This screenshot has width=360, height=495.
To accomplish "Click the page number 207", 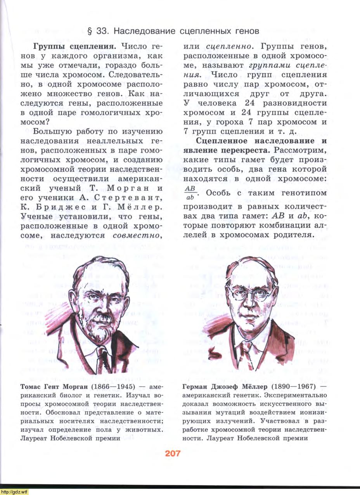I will [x=173, y=453].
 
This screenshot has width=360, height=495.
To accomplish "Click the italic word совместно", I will [x=137, y=235].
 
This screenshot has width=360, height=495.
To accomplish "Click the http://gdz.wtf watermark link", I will [x=14, y=492].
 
